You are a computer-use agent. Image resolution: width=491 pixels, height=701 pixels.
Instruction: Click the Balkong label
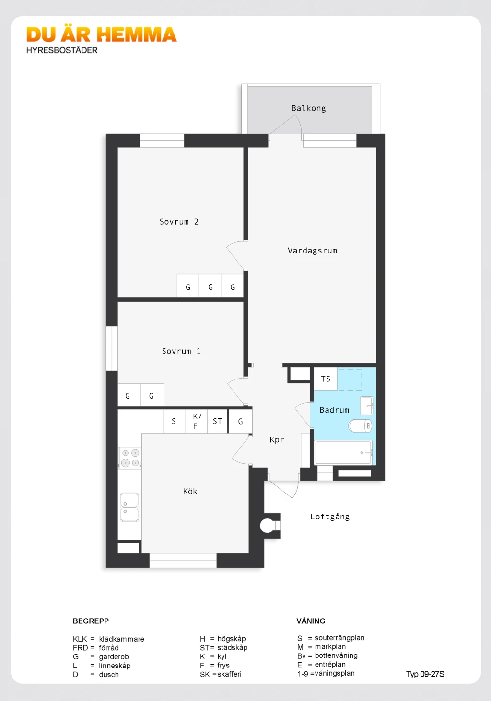(x=308, y=108)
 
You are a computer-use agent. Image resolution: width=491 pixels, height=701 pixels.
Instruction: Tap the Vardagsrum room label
(x=312, y=251)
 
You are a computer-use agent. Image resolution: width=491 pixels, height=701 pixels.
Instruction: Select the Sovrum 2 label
(x=179, y=222)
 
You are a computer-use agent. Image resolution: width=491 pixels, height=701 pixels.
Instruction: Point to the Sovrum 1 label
(x=181, y=351)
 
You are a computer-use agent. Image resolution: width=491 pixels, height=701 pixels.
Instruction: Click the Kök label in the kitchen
(x=190, y=491)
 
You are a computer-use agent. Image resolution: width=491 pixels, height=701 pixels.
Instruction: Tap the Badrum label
(x=334, y=410)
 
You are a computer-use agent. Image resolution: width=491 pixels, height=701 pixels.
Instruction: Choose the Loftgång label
(x=330, y=517)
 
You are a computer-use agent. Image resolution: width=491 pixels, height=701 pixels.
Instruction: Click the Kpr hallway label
(x=277, y=440)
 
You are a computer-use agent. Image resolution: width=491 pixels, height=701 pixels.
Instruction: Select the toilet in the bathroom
(x=360, y=425)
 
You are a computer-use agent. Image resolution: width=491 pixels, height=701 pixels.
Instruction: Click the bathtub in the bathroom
(x=343, y=452)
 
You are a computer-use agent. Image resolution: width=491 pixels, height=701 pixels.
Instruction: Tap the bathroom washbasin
(x=366, y=405)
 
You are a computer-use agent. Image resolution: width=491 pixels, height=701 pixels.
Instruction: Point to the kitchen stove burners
(x=130, y=458)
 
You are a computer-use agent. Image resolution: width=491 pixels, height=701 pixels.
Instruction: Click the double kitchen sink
(x=129, y=507)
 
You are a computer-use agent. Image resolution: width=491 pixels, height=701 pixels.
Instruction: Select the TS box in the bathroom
(x=326, y=379)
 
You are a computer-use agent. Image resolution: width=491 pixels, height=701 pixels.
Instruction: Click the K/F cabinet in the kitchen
(x=196, y=421)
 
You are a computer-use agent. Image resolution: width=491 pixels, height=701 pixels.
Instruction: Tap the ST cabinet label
(x=217, y=421)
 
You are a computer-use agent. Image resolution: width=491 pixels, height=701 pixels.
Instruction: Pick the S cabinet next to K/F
(x=174, y=421)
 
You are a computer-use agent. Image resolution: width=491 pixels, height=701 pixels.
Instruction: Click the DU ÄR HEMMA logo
(x=102, y=34)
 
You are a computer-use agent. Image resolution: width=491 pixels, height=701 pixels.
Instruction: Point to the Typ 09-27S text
(x=425, y=674)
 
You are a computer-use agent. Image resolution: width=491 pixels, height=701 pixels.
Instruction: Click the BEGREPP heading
(x=91, y=621)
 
